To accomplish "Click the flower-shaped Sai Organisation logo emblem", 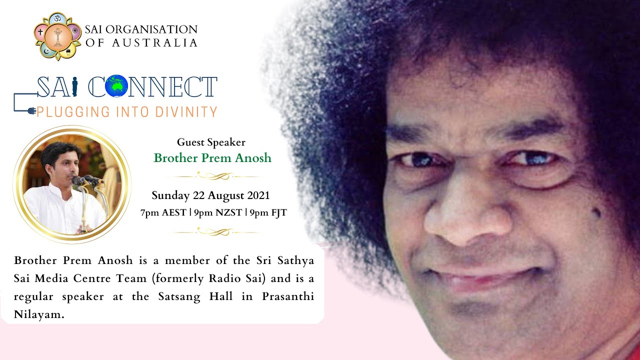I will coord(57,36).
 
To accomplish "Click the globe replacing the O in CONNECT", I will coord(116,86).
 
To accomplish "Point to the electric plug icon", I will coord(29,110).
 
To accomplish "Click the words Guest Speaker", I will coord(211,142).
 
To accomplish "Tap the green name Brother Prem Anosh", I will coord(212,158).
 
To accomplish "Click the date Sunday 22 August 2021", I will coord(210,195).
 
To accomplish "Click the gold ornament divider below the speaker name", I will coord(214,176).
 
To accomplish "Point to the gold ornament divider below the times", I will coord(214,231).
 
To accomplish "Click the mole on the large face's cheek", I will coord(596,213).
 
